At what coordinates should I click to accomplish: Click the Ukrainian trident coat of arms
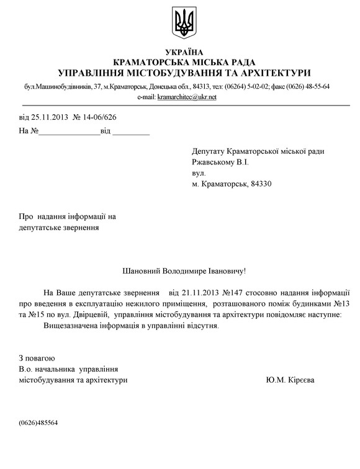(x=184, y=22)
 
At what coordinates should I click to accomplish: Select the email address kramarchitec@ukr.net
(x=187, y=97)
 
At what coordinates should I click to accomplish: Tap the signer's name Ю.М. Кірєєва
(x=289, y=380)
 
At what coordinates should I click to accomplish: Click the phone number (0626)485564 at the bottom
(x=38, y=422)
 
